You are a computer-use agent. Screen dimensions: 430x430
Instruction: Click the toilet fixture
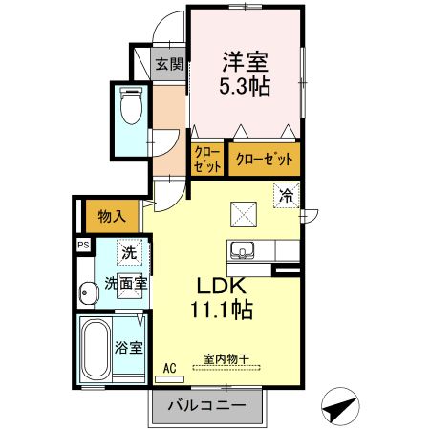click(131, 105)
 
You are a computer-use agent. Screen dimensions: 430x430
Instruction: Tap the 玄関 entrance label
click(169, 64)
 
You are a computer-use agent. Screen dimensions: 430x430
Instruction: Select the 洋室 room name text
click(245, 62)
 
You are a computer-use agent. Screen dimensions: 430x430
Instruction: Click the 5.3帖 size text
click(245, 86)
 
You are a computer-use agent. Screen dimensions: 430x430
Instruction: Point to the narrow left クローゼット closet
click(207, 160)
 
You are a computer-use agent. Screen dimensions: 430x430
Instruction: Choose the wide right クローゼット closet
click(265, 159)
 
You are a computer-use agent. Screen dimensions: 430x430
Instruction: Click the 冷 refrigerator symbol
click(286, 195)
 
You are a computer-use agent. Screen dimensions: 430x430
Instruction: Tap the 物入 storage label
click(112, 217)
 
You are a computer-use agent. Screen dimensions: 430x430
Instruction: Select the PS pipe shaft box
click(84, 246)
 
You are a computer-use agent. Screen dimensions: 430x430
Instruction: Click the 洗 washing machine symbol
click(129, 252)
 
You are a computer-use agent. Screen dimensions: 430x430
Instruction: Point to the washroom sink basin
click(88, 293)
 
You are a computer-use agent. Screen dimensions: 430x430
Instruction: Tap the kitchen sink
click(243, 250)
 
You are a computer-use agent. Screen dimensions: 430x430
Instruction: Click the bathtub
click(96, 350)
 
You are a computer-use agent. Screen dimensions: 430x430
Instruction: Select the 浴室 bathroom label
click(128, 348)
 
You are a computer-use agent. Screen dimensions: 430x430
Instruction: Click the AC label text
click(169, 369)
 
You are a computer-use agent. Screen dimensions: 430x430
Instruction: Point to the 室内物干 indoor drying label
click(226, 359)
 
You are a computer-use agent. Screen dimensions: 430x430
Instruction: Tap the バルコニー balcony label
click(207, 405)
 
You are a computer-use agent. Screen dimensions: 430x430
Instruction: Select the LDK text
click(222, 286)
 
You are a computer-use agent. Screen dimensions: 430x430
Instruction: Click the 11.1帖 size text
click(222, 310)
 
